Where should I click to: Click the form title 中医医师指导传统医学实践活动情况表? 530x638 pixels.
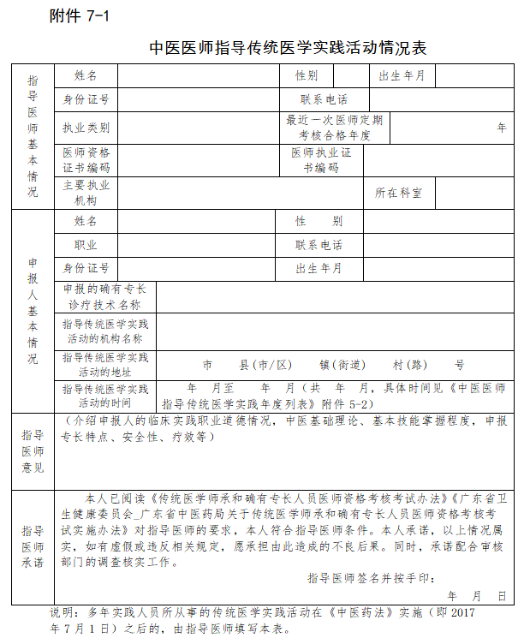(x=287, y=48)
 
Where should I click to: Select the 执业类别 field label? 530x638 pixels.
(x=86, y=128)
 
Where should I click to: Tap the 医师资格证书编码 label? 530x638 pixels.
(x=86, y=160)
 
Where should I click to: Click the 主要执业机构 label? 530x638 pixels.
(x=86, y=193)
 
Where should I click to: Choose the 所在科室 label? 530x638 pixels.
(x=398, y=193)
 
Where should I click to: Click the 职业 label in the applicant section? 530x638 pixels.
(x=86, y=245)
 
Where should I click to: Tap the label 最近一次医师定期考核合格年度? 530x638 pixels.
(x=335, y=128)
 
